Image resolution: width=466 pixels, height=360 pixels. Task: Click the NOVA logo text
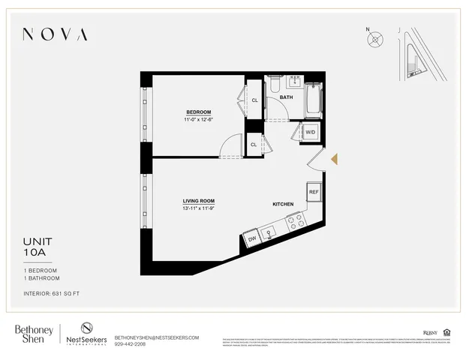pyautogui.click(x=55, y=34)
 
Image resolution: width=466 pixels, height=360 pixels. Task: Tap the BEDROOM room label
pyautogui.click(x=199, y=112)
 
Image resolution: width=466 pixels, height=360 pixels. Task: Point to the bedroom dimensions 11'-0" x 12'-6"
pyautogui.click(x=199, y=120)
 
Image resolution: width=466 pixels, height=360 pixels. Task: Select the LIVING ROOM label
pyautogui.click(x=199, y=201)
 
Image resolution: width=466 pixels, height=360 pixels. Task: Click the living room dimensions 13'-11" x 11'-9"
pyautogui.click(x=199, y=209)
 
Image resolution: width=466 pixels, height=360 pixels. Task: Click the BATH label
pyautogui.click(x=286, y=97)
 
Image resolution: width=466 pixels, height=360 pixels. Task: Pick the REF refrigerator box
pyautogui.click(x=314, y=192)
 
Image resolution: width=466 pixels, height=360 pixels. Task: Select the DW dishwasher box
pyautogui.click(x=253, y=240)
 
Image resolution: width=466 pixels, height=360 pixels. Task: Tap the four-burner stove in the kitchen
pyautogui.click(x=295, y=221)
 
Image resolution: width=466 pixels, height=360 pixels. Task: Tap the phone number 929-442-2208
pyautogui.click(x=130, y=344)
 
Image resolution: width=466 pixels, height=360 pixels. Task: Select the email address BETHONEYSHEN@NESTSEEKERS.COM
pyautogui.click(x=156, y=337)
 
